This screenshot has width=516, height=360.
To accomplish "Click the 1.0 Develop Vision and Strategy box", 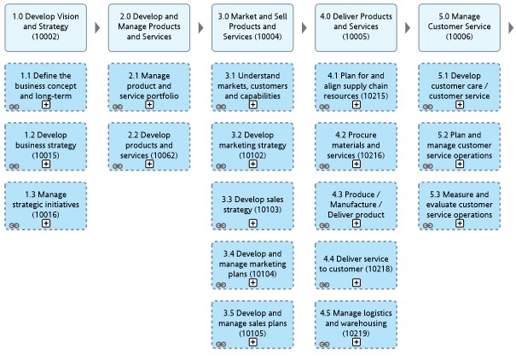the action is coord(46,27).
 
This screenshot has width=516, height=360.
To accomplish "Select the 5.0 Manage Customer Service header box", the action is coord(459,27).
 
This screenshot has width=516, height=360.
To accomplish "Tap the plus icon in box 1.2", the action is coord(46,164).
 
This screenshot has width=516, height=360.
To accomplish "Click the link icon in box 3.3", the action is coord(221,225).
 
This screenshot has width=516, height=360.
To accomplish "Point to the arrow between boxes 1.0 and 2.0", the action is coord(97,28).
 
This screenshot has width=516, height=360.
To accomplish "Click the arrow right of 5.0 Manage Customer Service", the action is coord(511,28).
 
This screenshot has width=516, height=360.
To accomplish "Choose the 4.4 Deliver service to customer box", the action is coord(356,265).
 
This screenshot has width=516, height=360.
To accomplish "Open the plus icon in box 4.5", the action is coord(356,342).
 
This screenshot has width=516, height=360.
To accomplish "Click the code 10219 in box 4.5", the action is coord(356,334).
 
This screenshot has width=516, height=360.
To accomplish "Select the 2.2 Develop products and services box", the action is coord(149,147).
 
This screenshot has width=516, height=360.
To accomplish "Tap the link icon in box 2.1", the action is coord(118,107).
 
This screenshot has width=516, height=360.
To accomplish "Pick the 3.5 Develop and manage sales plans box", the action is coord(252,324).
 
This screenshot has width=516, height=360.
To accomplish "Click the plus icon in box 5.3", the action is coord(460,224).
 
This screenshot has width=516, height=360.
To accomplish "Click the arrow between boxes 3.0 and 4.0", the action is coord(304,28).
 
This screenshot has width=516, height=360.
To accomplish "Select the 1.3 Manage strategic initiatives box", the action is coord(46,206).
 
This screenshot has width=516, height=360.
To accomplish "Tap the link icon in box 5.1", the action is coord(427,107).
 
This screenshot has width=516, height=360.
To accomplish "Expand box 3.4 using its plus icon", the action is coord(252,282).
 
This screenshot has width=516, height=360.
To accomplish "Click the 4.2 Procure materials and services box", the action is coord(356,147).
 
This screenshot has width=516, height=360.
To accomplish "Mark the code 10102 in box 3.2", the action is coord(252,155).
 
